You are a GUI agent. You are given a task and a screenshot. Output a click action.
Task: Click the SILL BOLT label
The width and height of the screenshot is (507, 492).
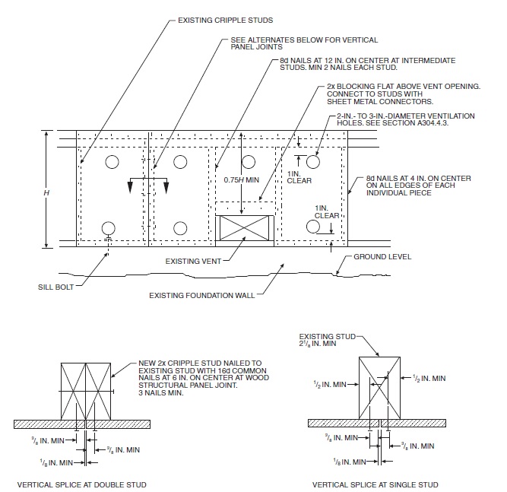coord(57,287)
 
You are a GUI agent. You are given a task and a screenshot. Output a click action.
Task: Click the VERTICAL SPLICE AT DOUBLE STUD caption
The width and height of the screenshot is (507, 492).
coord(81,484)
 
